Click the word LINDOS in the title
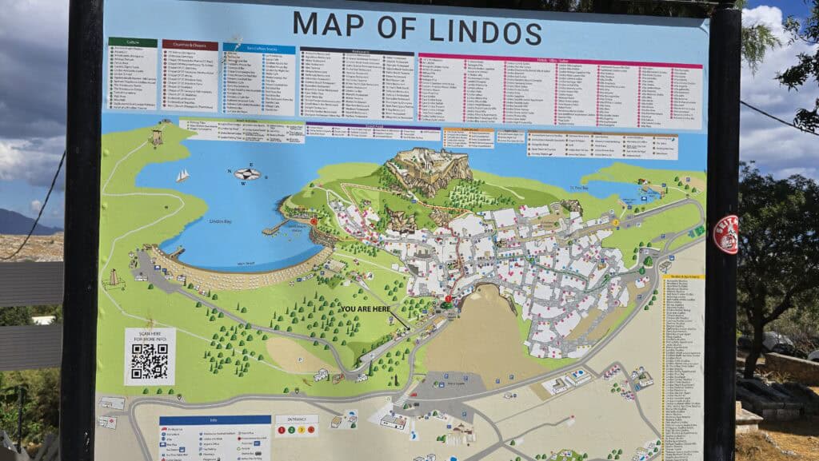pos(485,30)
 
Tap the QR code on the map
pos(150,361)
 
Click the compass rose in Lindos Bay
pos(247,173)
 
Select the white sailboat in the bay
pos(183,175)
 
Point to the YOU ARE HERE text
pos(371,308)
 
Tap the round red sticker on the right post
pos(725,235)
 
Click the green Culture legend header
pos(132,42)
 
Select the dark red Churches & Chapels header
pos(190,45)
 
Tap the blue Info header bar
pos(214,419)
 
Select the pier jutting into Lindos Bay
pos(274,229)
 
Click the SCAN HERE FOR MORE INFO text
pos(150,336)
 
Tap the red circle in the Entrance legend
pos(282,431)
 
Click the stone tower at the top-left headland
pos(157,137)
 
